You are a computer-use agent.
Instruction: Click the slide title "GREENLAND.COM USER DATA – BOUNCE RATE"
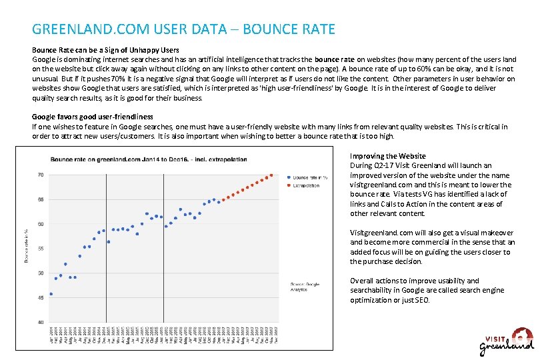183,29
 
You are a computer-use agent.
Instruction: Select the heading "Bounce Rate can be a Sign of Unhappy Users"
105,50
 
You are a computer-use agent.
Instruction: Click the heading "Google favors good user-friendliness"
93,117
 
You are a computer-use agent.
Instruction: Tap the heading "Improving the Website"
388,156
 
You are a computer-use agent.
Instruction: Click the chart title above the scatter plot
149,159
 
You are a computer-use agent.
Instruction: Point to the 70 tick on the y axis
40,175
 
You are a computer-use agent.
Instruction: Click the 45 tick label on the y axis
40,297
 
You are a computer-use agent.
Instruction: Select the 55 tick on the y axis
40,249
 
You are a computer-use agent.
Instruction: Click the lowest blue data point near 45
51,294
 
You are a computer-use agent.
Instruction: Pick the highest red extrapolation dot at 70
271,175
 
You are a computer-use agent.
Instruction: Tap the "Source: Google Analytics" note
304,287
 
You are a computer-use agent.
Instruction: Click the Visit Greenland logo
507,341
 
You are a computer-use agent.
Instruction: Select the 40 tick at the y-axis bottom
40,323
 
